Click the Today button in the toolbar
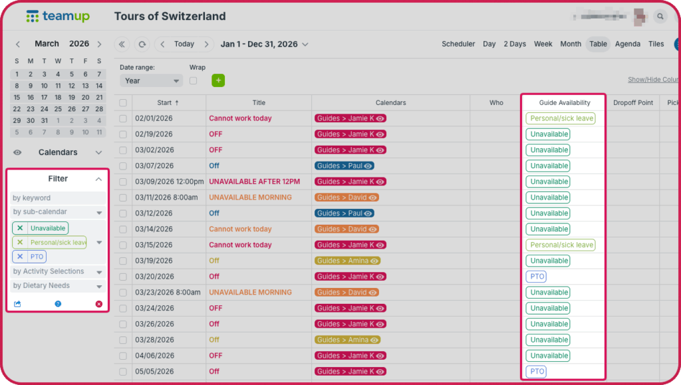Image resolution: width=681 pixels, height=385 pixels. tap(184, 45)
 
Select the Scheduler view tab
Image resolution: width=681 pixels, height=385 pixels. tap(458, 45)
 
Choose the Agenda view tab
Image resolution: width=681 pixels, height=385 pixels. tap(628, 45)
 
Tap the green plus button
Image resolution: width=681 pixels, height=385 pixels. tap(219, 80)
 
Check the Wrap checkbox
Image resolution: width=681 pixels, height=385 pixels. tap(194, 80)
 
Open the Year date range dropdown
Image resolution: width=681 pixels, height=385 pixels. tap(151, 80)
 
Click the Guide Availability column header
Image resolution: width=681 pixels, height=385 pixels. tap(564, 103)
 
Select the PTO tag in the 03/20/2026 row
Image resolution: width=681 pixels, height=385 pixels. tap(536, 277)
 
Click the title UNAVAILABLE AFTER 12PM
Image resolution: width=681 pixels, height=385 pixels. tap(254, 182)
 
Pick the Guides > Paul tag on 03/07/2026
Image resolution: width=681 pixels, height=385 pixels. tap(344, 166)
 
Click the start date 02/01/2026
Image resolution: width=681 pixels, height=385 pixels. tap(154, 118)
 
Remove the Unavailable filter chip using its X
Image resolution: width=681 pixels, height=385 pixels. tap(20, 228)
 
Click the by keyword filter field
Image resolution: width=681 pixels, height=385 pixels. tap(59, 198)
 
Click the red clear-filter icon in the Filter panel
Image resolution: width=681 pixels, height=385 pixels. tap(99, 304)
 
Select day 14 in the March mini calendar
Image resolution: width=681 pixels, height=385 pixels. tap(99, 86)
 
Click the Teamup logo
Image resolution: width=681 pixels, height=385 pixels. tap(58, 17)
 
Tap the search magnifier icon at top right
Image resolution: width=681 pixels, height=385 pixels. tap(660, 17)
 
